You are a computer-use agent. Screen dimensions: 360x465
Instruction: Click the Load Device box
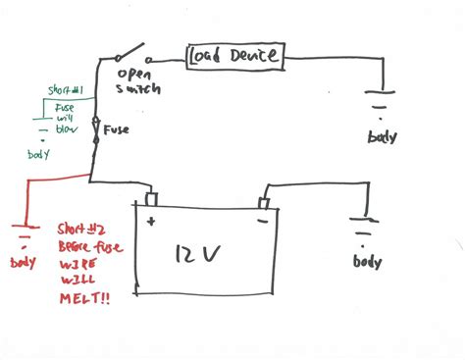(235, 57)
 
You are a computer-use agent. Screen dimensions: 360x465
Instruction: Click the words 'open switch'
(138, 81)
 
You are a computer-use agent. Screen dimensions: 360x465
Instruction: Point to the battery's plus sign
(150, 223)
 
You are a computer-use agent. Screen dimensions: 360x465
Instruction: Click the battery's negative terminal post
(263, 202)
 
